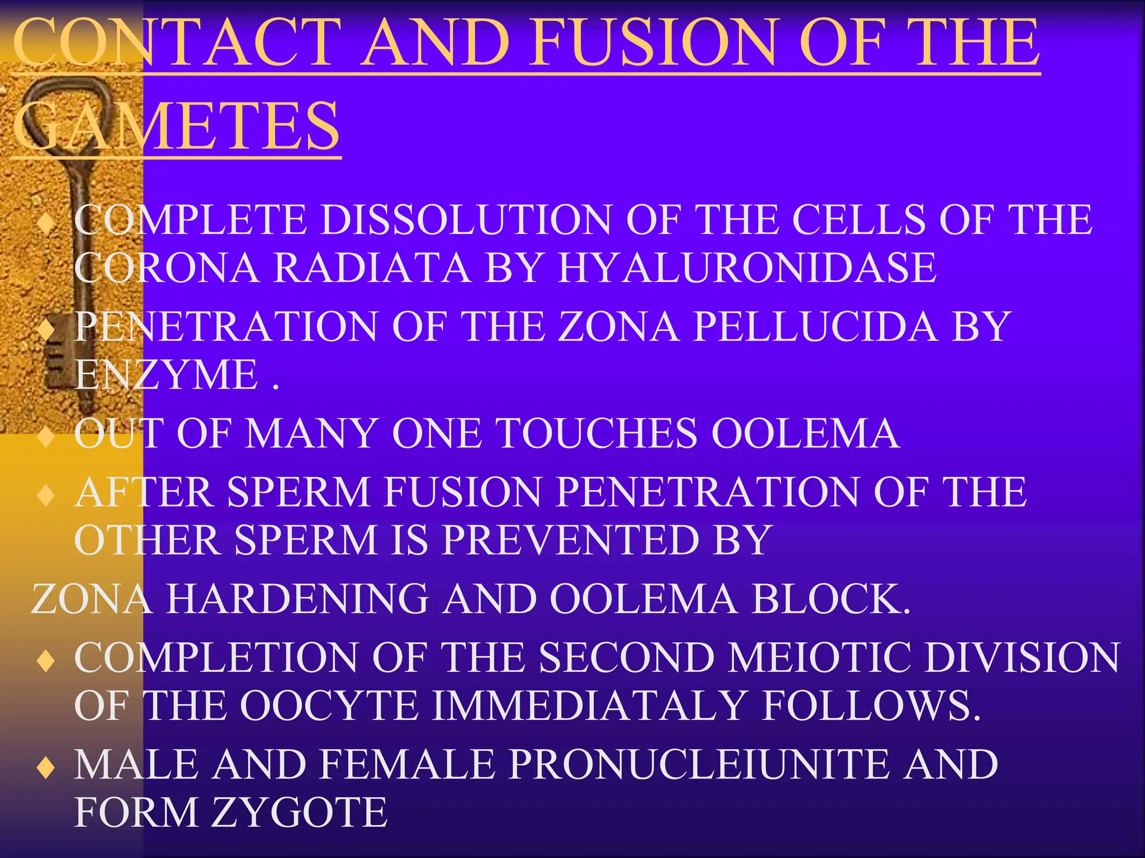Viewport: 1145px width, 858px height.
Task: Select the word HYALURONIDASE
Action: click(747, 268)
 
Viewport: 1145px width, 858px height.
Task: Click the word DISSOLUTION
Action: click(466, 219)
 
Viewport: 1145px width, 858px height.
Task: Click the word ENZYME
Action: click(166, 374)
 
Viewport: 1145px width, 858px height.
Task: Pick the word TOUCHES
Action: click(597, 433)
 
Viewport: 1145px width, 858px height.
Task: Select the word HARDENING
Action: click(297, 599)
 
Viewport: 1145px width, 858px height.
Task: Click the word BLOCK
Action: click(830, 599)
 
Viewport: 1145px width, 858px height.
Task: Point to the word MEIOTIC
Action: click(821, 657)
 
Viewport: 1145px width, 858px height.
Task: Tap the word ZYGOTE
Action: click(299, 812)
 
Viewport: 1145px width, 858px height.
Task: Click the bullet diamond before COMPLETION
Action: click(45, 661)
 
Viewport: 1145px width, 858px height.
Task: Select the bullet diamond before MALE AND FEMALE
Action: click(45, 768)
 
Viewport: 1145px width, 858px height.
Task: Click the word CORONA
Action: click(167, 268)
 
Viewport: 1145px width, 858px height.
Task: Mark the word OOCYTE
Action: click(329, 706)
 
